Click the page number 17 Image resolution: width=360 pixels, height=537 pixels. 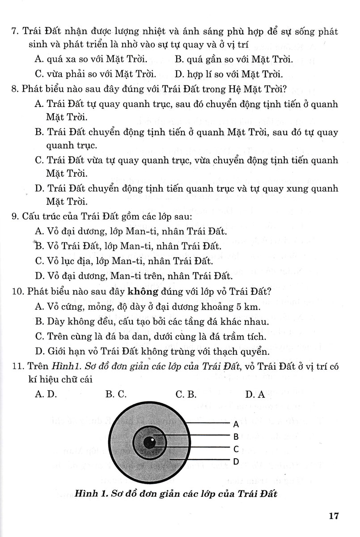pos(334,516)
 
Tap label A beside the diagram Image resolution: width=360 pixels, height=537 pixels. pos(235,424)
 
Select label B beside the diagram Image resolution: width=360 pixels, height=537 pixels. pos(235,436)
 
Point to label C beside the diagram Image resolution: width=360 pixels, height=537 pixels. pos(235,448)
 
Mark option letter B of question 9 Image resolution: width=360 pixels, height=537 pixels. pos(38,246)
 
